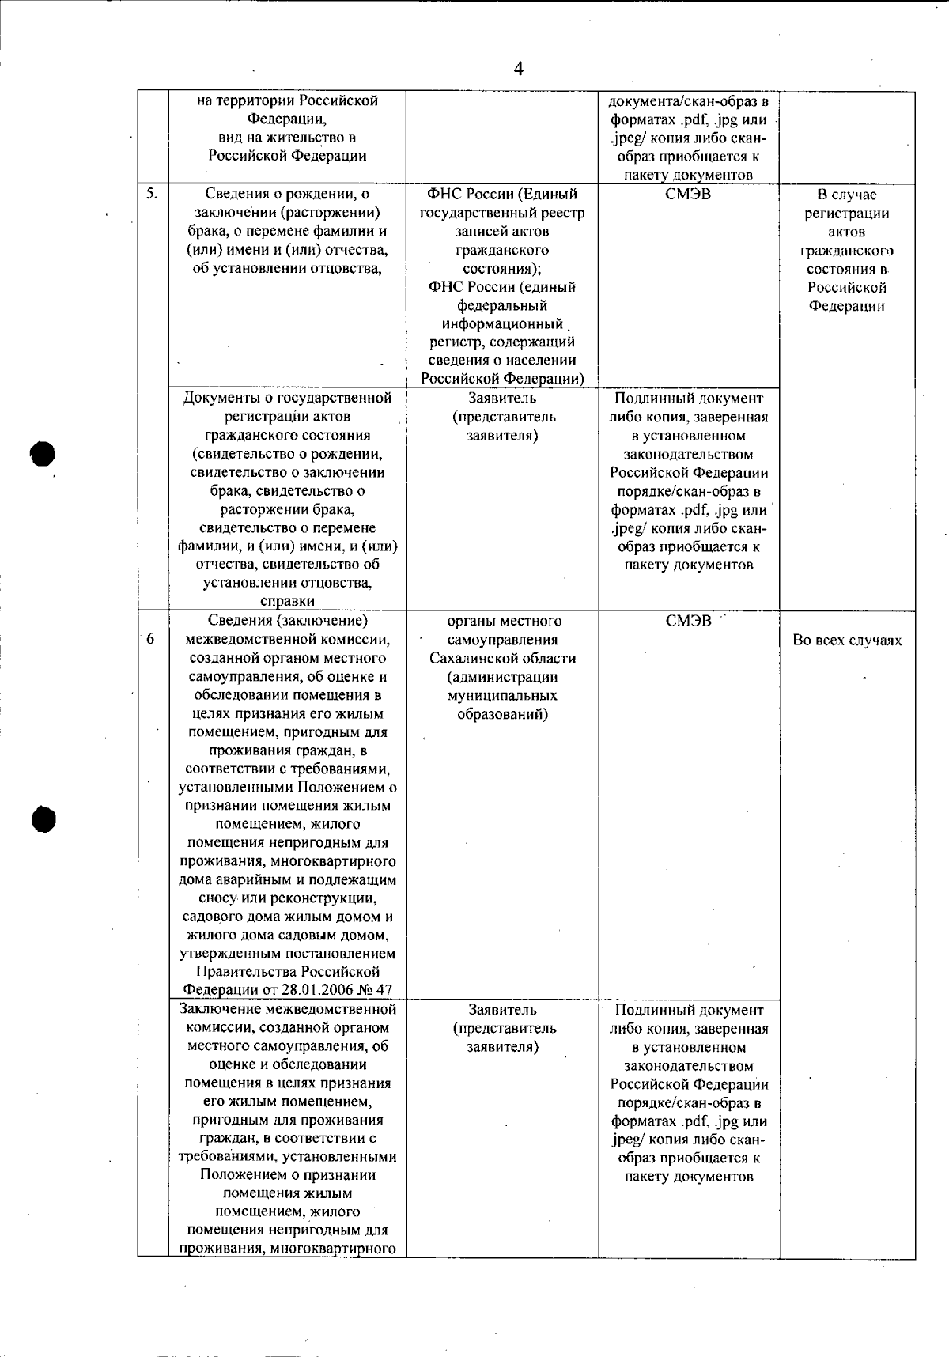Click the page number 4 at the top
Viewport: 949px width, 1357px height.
pyautogui.click(x=519, y=69)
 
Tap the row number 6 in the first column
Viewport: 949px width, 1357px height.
pyautogui.click(x=150, y=640)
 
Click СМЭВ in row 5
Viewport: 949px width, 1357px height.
pyautogui.click(x=688, y=195)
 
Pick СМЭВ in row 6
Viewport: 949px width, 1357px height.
pyautogui.click(x=688, y=622)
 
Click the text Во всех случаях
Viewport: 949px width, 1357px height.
pyautogui.click(x=847, y=641)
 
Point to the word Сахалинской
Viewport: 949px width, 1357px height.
pyautogui.click(x=503, y=658)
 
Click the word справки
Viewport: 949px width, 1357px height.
pyautogui.click(x=287, y=601)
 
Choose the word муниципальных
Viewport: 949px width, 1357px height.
pyautogui.click(x=502, y=695)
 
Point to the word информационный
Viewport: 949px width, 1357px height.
pyautogui.click(x=502, y=324)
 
